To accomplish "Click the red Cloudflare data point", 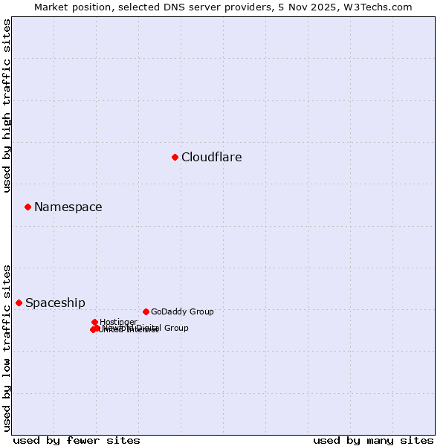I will pos(175,157).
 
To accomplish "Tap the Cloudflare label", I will pos(211,157).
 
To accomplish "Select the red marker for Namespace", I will pos(28,207).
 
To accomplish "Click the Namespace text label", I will pos(68,207).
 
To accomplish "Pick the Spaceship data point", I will pos(19,303).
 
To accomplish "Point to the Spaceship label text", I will pos(55,303).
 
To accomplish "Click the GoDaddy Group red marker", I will pos(146,311).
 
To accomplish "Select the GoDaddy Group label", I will pos(182,312).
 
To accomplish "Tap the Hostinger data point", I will pos(94,322).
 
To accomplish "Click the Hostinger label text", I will pos(118,322).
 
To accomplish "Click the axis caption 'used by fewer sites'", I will pos(77,440).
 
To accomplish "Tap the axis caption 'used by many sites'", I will pos(373,440).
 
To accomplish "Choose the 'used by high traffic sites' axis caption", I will pos(7,106).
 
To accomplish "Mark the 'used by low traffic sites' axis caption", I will pos(7,348).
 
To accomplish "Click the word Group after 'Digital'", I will pos(176,328).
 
